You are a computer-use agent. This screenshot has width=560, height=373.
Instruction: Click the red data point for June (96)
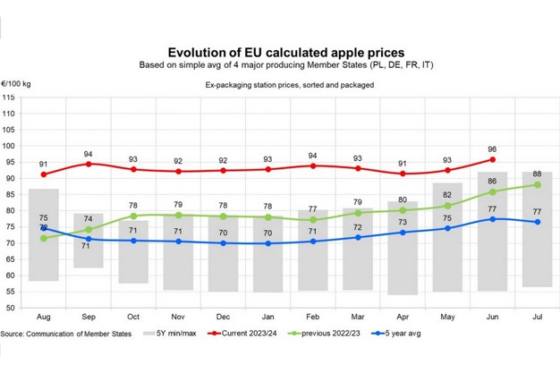491,159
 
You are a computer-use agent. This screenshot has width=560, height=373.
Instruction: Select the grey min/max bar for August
44,234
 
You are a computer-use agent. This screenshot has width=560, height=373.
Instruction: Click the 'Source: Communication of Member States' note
68,335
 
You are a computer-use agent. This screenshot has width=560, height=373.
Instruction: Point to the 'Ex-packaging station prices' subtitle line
280,86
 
